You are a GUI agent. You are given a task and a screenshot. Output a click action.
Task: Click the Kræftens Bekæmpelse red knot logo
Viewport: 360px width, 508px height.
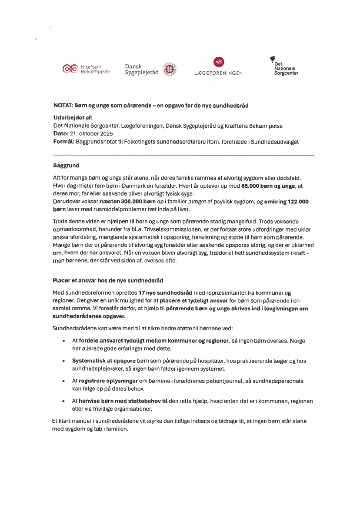pos(70,69)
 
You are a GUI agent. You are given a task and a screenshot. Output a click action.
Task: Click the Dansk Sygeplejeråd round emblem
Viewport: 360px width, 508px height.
pos(169,69)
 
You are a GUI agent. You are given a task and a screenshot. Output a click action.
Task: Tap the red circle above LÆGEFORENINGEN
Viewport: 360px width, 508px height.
pos(219,62)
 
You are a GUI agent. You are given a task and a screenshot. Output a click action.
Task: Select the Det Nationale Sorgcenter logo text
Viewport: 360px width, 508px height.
pos(285,69)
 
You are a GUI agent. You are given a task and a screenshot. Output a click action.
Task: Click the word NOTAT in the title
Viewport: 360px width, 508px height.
pos(63,106)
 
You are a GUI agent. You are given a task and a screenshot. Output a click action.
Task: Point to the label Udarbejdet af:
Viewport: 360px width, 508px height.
pos(73,118)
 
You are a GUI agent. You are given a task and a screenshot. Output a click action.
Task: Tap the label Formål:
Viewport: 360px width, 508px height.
pos(63,142)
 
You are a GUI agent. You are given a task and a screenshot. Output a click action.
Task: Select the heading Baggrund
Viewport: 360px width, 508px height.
pos(66,166)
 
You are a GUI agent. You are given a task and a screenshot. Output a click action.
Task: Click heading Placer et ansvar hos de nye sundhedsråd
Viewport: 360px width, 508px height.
pos(108,281)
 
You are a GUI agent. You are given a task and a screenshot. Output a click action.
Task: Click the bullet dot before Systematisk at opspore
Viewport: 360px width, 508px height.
pos(64,361)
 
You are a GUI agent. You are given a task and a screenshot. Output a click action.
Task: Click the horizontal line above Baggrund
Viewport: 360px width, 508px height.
pos(183,155)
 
